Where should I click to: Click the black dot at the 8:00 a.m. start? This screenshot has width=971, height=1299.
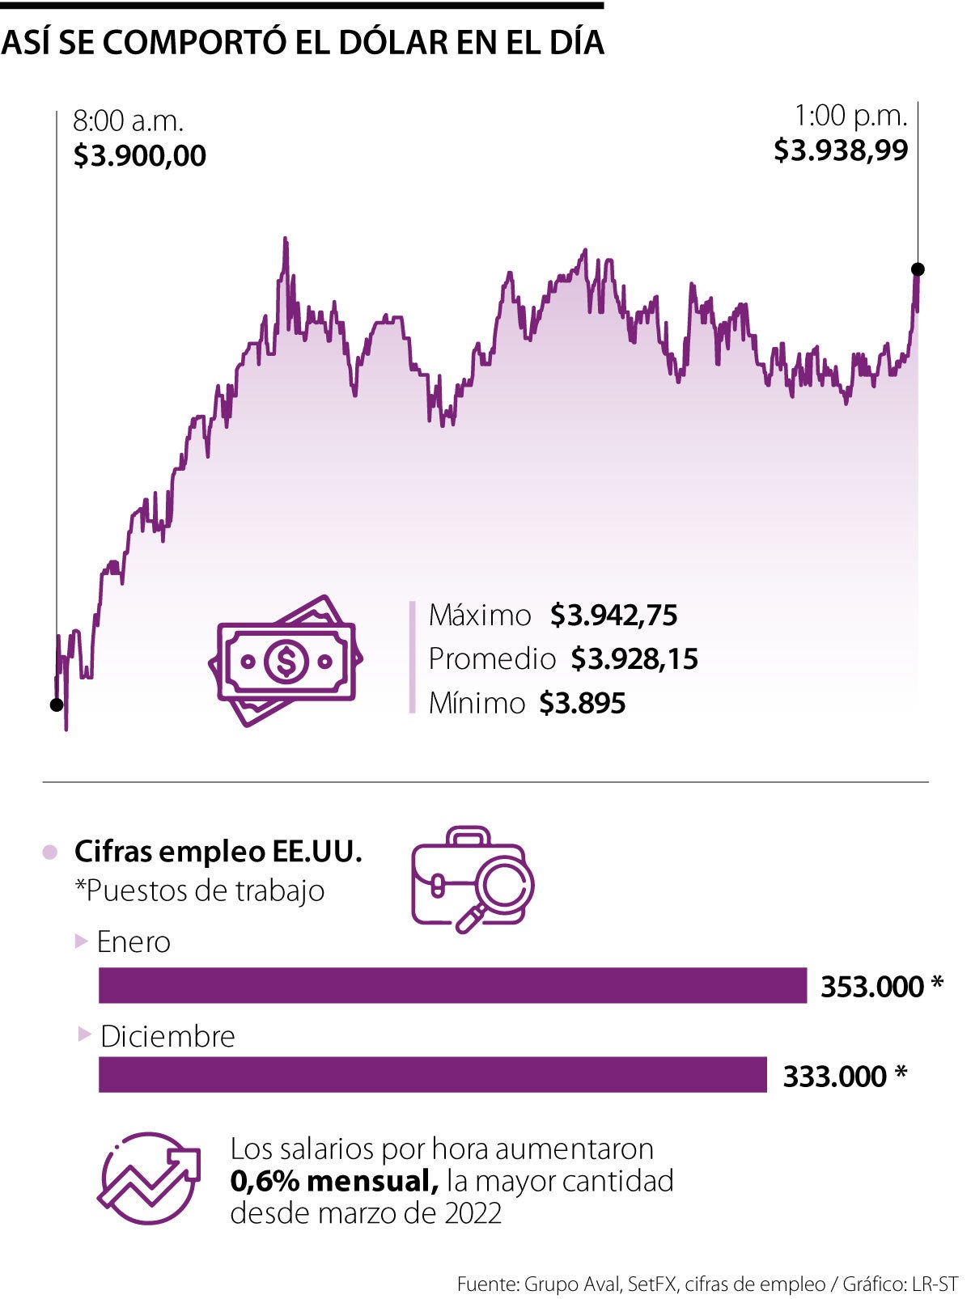click(x=57, y=705)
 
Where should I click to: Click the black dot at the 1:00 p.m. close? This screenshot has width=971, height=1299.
click(x=918, y=269)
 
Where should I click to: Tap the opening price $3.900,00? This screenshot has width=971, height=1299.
click(x=139, y=155)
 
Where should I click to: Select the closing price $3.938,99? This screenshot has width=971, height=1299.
click(x=841, y=150)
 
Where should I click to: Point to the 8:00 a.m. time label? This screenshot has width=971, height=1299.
click(x=129, y=121)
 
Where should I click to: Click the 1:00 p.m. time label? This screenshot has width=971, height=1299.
click(x=850, y=116)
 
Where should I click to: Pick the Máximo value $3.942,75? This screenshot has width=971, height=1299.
click(x=613, y=616)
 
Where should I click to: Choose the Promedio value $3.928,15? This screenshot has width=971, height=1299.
click(x=634, y=659)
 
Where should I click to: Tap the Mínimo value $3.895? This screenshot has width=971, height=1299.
click(x=583, y=703)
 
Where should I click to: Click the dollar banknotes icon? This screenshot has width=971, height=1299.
click(x=285, y=661)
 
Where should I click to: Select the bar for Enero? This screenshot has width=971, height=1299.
click(x=452, y=985)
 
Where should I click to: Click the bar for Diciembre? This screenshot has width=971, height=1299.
click(x=432, y=1075)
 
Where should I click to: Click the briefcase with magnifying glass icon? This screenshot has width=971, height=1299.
click(x=472, y=879)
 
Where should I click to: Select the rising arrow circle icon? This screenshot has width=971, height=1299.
click(x=150, y=1178)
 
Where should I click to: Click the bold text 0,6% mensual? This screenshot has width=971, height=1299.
click(x=334, y=1181)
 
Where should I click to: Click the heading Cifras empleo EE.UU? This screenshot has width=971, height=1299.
click(x=218, y=851)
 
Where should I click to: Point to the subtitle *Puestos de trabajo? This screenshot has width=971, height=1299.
click(x=199, y=891)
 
